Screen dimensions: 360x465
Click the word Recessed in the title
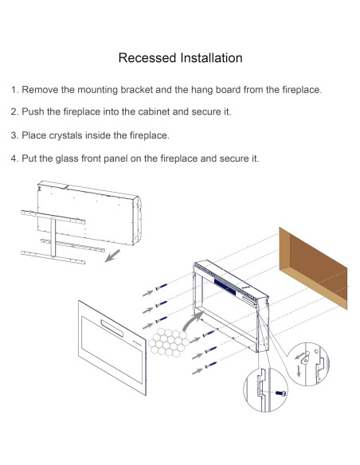pos(147,58)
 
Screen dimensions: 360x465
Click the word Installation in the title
pos(211,58)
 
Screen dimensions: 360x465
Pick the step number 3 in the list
pos(14,135)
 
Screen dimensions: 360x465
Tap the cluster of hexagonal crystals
pos(168,342)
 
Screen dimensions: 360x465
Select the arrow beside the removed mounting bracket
pos(112,256)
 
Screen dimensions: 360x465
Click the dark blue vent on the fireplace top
pos(225,287)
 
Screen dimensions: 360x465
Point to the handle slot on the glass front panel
pos(112,329)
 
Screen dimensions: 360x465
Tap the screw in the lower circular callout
pos(281,393)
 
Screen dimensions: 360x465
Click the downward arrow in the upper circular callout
pos(299,371)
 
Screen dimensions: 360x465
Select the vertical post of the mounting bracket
pos(53,236)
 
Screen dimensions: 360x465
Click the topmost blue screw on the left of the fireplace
pos(162,287)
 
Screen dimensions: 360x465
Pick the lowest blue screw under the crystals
pos(210,365)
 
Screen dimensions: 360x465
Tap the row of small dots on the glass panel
pos(136,342)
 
